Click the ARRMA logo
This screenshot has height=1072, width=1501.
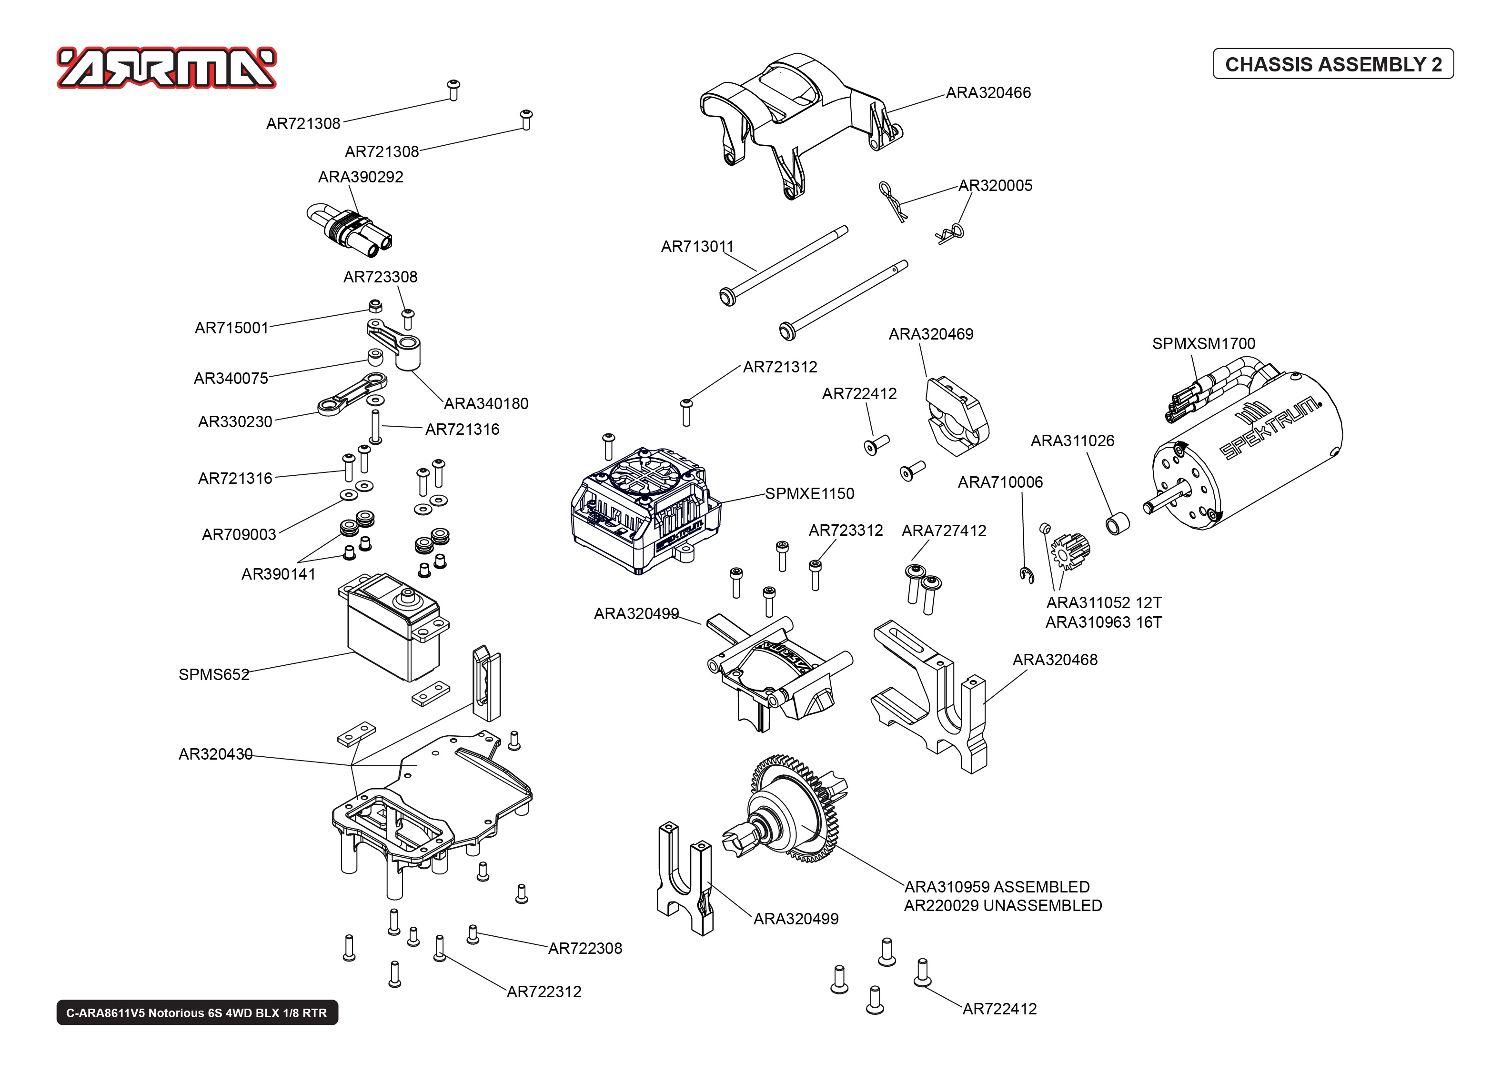click(166, 67)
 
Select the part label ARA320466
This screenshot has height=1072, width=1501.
click(987, 93)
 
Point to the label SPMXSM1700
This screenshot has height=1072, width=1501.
click(1203, 344)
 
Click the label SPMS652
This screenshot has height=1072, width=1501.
click(214, 675)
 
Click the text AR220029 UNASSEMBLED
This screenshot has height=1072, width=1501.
click(1002, 906)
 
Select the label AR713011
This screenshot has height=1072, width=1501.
click(697, 247)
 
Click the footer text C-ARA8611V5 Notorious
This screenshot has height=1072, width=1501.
click(197, 1013)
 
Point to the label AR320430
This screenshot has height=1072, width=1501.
click(215, 754)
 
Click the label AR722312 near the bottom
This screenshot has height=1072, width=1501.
click(544, 992)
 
